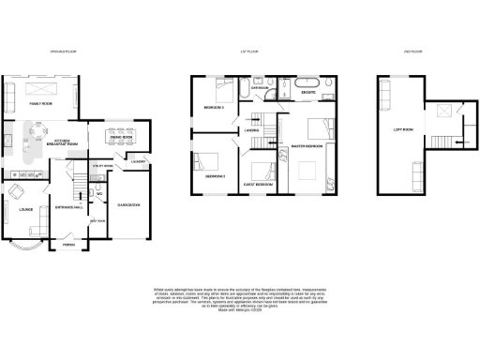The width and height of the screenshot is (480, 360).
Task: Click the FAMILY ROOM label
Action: click(x=40, y=103)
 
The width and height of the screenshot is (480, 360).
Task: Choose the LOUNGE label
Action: click(x=23, y=210)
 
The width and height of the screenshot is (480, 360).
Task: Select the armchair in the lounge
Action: click(x=17, y=191)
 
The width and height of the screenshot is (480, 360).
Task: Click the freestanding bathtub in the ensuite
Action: click(x=307, y=85)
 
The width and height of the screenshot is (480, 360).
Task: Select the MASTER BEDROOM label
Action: click(x=307, y=146)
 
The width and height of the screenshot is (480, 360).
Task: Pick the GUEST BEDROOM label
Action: click(x=258, y=185)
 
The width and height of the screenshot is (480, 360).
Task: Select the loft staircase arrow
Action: click(x=453, y=142)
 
